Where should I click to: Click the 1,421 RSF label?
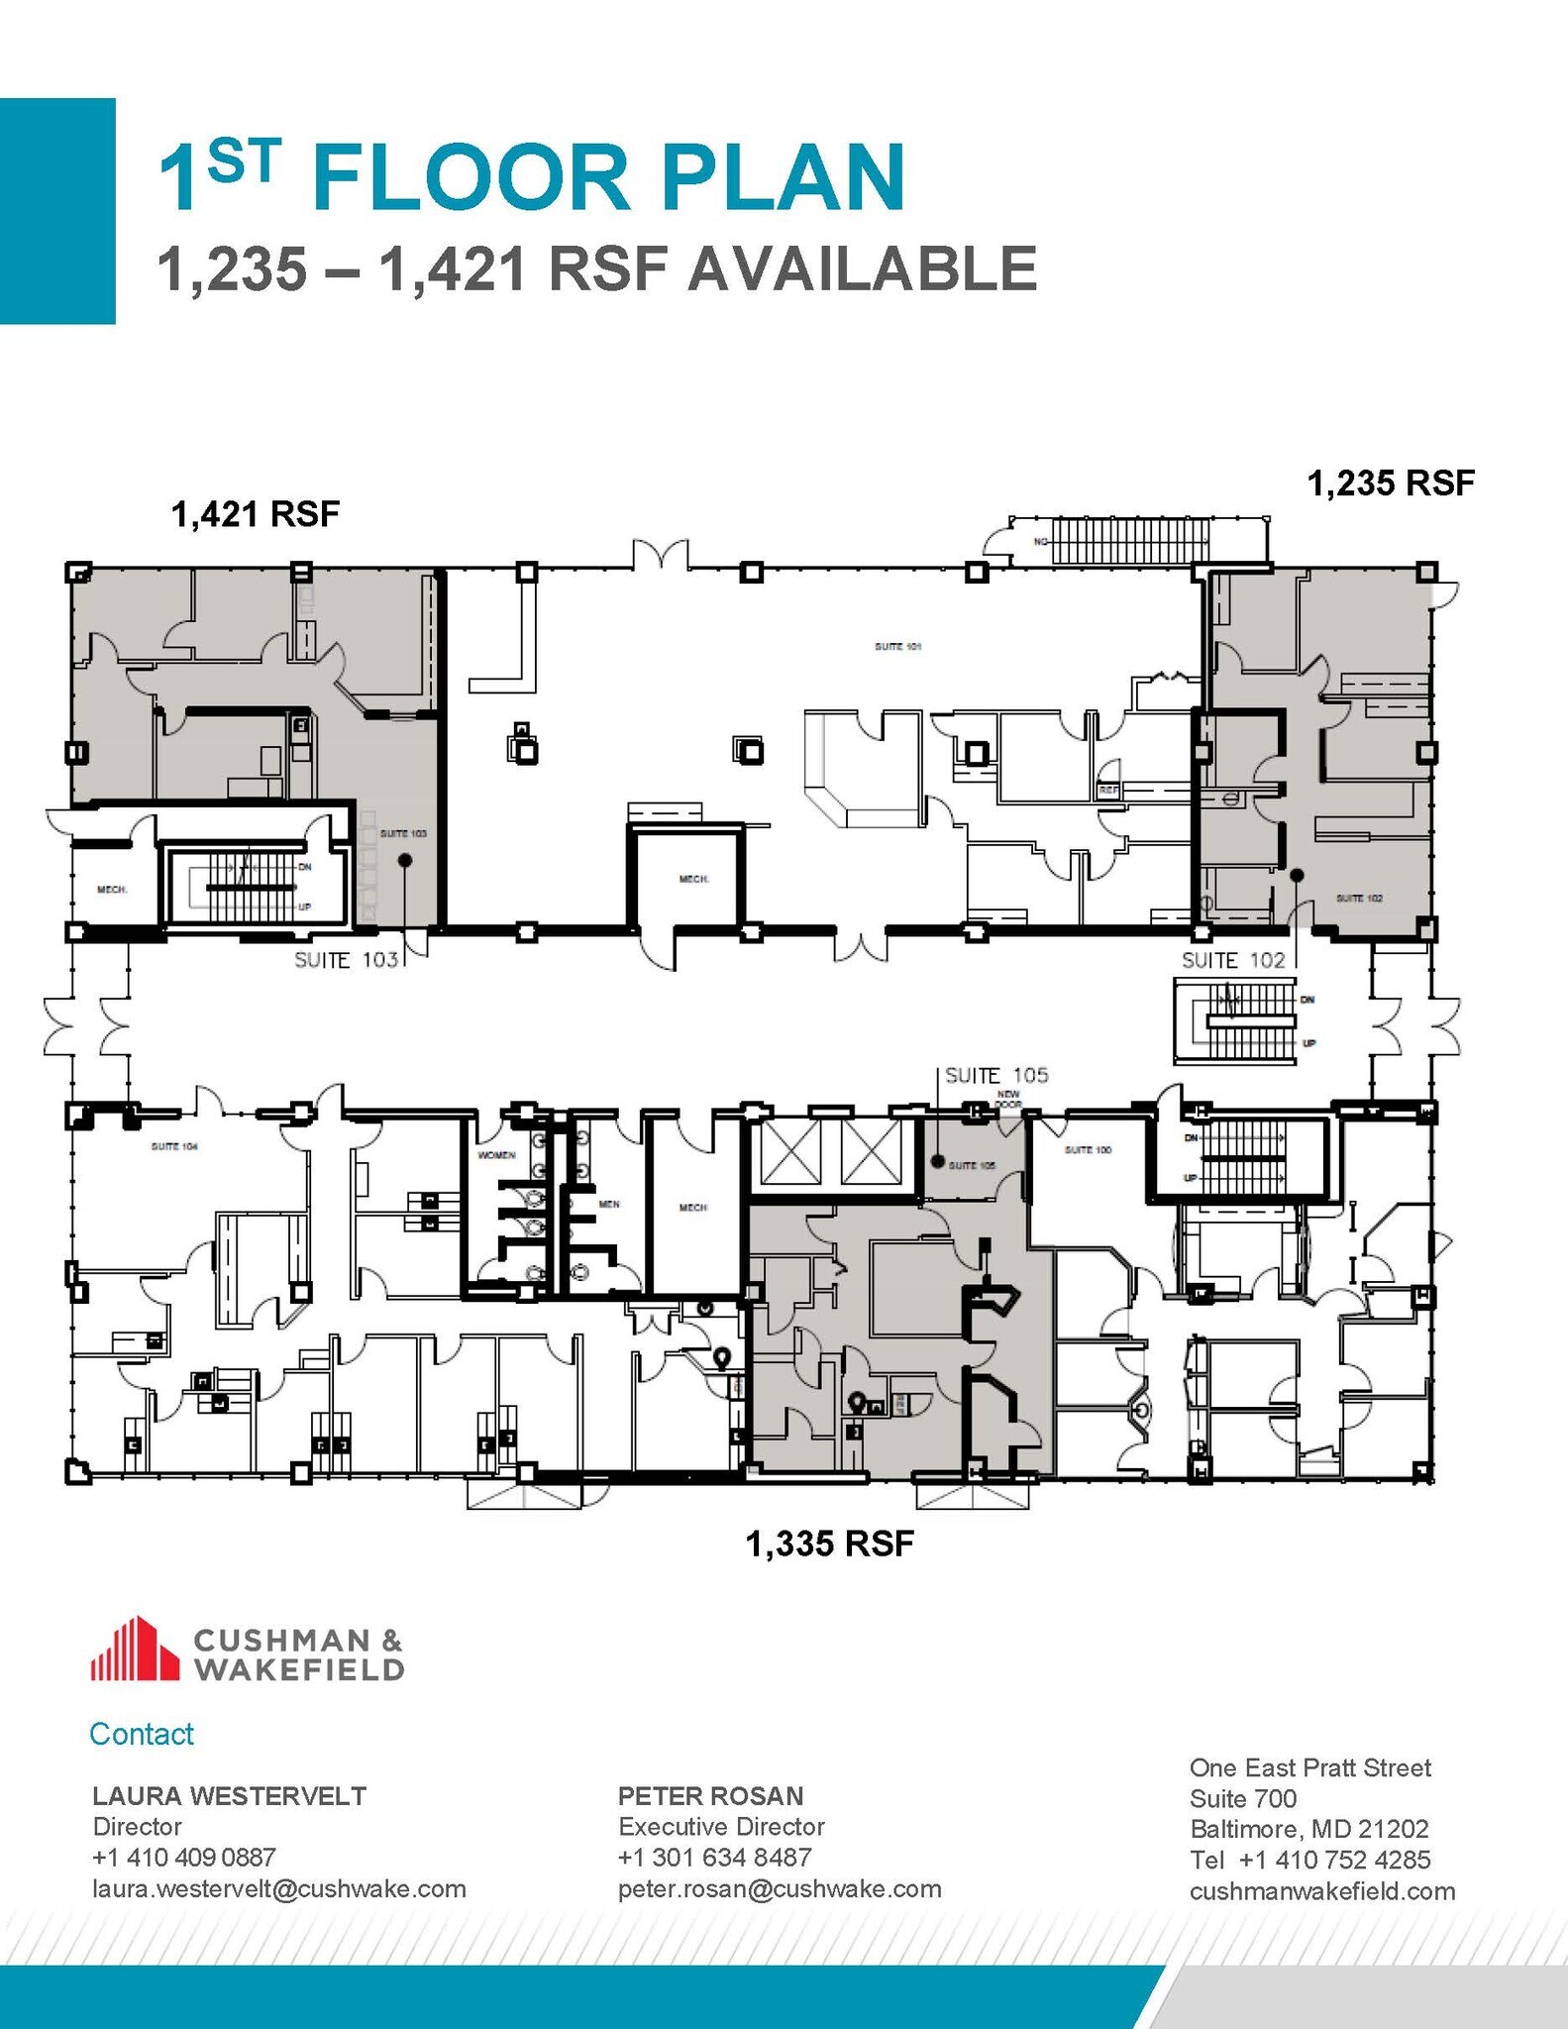(x=256, y=514)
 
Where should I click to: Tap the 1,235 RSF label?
(x=1390, y=483)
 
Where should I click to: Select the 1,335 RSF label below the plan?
(x=829, y=1544)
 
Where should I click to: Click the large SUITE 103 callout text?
(x=346, y=960)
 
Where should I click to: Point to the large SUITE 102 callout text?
(x=1232, y=960)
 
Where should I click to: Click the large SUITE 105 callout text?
(x=995, y=1075)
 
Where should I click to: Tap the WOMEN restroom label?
(x=496, y=1155)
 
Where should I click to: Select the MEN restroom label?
(x=608, y=1204)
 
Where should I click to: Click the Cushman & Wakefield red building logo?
(x=134, y=1650)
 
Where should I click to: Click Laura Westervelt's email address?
(x=278, y=1888)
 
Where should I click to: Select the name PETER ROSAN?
(x=710, y=1795)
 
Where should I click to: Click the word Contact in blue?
(x=141, y=1734)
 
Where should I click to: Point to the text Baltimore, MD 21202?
(x=1308, y=1828)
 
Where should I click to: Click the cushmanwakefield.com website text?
(x=1321, y=1890)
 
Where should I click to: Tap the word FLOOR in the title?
(x=470, y=178)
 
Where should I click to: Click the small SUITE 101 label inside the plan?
(x=897, y=646)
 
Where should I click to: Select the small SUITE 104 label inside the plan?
(x=174, y=1146)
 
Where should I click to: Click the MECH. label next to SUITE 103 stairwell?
(x=111, y=890)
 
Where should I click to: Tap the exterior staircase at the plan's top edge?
(x=1129, y=541)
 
